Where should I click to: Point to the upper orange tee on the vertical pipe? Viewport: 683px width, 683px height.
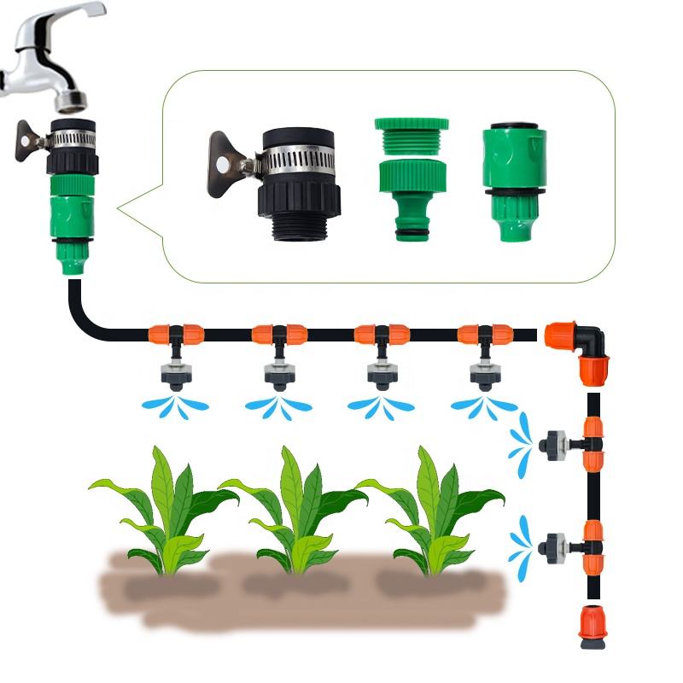pyautogui.click(x=593, y=444)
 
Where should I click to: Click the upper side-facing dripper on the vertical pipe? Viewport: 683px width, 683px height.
pyautogui.click(x=553, y=444)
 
